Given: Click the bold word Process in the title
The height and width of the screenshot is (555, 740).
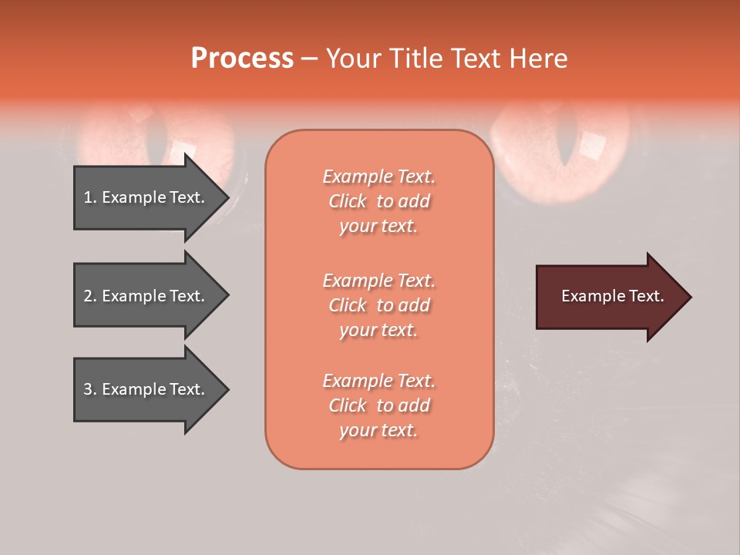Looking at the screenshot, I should point(242,59).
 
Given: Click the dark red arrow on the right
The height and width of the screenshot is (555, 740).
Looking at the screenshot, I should point(609,297).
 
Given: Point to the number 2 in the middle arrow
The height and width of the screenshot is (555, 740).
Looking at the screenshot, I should point(88,296).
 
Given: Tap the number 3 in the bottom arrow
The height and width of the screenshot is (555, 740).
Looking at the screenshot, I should point(88,389).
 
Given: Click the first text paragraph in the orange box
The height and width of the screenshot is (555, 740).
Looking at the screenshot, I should point(378,201).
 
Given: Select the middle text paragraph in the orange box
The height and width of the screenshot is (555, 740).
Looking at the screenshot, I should point(378,305).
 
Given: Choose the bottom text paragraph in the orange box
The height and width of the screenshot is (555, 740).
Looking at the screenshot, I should point(378,405).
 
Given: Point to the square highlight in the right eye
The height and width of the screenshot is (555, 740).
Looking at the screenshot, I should point(592,144).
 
